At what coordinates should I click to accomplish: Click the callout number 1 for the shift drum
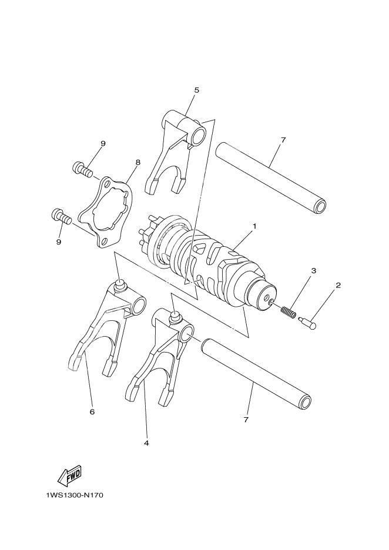(x=255, y=225)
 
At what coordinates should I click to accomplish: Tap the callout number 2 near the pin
(x=338, y=286)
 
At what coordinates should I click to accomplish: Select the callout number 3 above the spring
(x=314, y=271)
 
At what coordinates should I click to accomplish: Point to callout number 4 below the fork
(x=146, y=442)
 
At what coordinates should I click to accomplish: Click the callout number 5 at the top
(x=197, y=90)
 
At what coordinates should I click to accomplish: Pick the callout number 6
(x=92, y=412)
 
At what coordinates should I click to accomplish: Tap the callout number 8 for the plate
(x=138, y=161)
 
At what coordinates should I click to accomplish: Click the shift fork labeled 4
(x=159, y=358)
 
